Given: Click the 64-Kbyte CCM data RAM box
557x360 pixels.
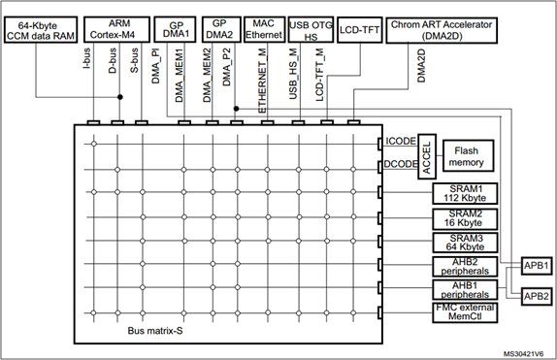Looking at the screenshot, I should [x=40, y=29].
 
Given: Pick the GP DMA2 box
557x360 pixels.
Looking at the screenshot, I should [x=219, y=29].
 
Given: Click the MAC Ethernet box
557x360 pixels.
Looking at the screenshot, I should [x=263, y=29].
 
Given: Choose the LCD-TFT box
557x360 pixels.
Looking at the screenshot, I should [x=358, y=31].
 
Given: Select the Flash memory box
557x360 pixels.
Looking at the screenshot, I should [x=467, y=155].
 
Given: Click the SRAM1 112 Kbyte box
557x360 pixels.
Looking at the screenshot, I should [x=465, y=193].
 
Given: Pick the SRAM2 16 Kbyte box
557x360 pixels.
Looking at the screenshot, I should [x=465, y=217].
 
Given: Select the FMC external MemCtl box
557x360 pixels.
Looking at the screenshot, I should [x=465, y=312].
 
